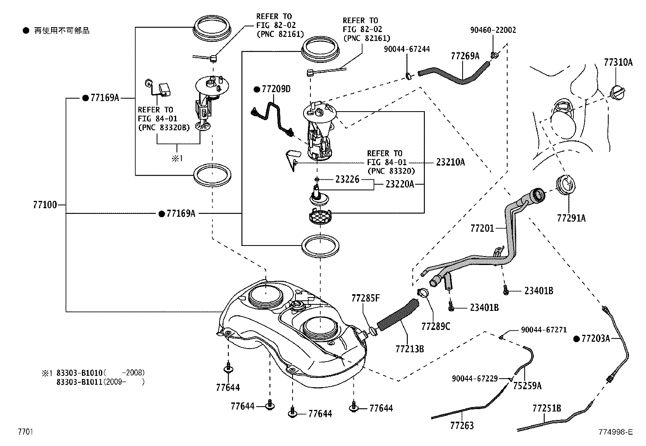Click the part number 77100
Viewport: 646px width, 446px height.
45,205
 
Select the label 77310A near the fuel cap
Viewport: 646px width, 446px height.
618,62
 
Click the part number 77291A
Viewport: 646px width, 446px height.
571,218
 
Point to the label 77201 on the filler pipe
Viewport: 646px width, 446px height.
482,228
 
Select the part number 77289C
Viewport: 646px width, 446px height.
436,326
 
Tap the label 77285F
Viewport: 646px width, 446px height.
365,299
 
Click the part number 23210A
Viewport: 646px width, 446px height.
450,162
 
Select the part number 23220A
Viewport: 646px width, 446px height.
400,184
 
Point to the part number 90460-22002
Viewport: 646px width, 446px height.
493,30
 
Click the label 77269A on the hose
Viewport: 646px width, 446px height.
465,56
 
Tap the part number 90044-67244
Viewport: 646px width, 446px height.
407,49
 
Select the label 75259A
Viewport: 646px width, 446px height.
527,386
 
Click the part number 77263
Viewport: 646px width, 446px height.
462,425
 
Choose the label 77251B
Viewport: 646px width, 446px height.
547,408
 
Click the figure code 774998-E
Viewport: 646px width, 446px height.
615,432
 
